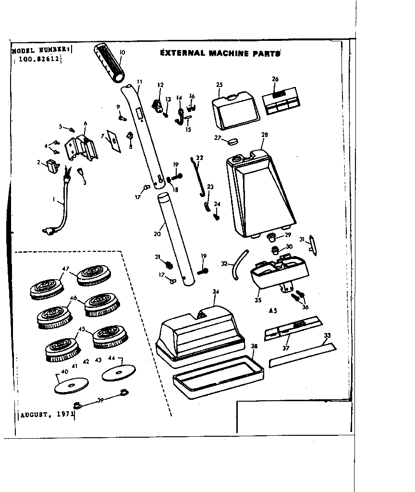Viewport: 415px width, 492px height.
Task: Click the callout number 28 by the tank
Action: point(264,135)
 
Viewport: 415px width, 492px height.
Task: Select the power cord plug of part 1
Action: point(49,232)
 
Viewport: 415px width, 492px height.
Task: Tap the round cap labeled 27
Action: point(233,141)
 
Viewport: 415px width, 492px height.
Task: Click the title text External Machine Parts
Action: point(220,53)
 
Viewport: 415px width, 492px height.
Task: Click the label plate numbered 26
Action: point(281,100)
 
